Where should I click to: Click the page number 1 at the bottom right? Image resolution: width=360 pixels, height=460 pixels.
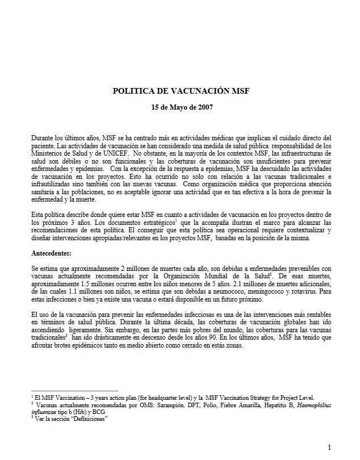tap(329, 447)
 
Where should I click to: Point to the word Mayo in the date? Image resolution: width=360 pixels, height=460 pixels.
tap(175, 108)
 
